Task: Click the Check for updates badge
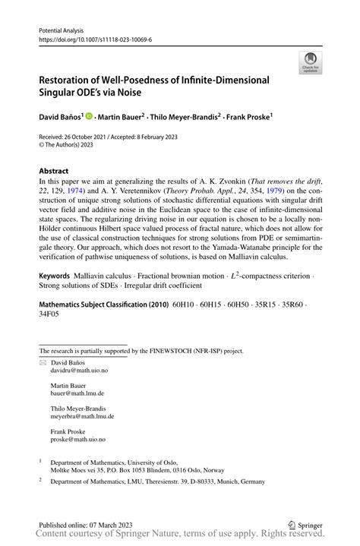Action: pyautogui.click(x=310, y=64)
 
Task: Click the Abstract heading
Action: pyautogui.click(x=54, y=172)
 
